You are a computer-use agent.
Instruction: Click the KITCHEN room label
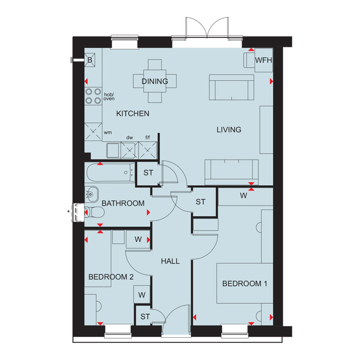pos(133,113)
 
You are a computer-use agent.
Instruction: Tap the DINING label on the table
pos(155,81)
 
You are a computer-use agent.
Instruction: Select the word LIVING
pos(229,130)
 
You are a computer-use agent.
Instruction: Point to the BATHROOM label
pos(123,203)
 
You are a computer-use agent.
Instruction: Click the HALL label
pos(171,261)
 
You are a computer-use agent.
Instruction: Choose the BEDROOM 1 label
pos(245,284)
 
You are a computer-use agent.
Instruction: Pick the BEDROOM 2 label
pos(111,277)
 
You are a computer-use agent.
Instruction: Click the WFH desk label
pos(263,60)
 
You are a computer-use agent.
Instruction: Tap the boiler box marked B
pos(90,60)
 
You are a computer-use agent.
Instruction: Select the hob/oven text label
pos(109,97)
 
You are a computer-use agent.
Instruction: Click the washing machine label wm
pos(108,133)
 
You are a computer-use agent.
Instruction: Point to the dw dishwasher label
pos(130,137)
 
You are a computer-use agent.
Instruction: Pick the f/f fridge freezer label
pos(148,137)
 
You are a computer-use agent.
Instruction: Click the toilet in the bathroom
pos(95,212)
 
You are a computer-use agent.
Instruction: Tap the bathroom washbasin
pos(91,194)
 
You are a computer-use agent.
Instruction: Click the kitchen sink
pos(113,150)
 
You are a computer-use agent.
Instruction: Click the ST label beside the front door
pos(145,316)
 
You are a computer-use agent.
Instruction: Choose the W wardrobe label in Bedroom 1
pos(243,196)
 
